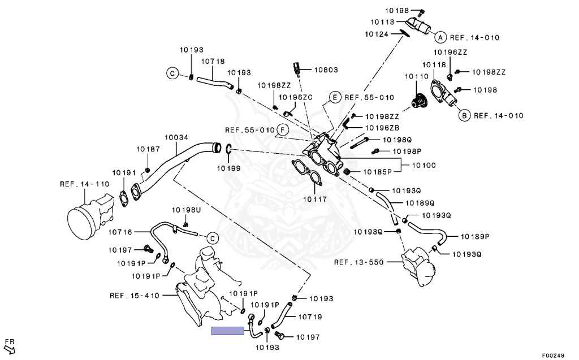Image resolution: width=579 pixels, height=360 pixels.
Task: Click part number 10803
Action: pos(326,70)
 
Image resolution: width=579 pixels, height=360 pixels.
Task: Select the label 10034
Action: pos(176,137)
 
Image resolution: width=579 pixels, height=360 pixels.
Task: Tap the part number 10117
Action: pos(315,199)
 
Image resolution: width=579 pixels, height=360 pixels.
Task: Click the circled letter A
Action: pos(440,37)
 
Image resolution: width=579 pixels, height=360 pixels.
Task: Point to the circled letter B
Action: pos(464,116)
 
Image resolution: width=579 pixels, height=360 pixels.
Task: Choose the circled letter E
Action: pos(335,97)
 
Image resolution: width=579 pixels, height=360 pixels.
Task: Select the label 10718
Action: pos(213,61)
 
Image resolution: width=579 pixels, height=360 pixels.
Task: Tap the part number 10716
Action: pos(120,232)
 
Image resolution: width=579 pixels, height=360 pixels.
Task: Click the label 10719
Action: pos(310,317)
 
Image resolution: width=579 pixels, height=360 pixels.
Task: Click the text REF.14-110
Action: pos(85,184)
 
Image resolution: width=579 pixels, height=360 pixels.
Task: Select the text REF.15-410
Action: pos(135,295)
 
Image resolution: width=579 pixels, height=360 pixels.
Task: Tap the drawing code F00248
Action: pos(553,355)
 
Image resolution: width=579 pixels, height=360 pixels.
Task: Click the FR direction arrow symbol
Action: pos(9,344)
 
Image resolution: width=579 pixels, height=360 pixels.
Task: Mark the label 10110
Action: pos(417,76)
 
